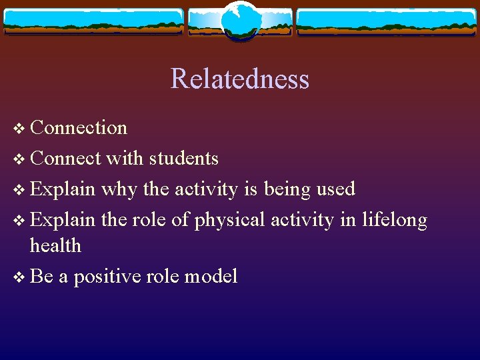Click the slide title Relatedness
(x=239, y=79)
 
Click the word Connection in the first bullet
(x=79, y=127)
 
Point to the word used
(x=335, y=189)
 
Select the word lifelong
(x=394, y=220)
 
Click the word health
(x=55, y=246)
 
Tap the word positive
(x=107, y=277)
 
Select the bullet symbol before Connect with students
(x=18, y=159)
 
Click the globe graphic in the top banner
(x=239, y=21)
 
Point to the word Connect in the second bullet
(x=65, y=159)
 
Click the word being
(x=287, y=189)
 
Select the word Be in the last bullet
(x=41, y=277)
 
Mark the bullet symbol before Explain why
(x=18, y=190)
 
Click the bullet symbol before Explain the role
(x=18, y=221)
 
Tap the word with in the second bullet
(x=125, y=159)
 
